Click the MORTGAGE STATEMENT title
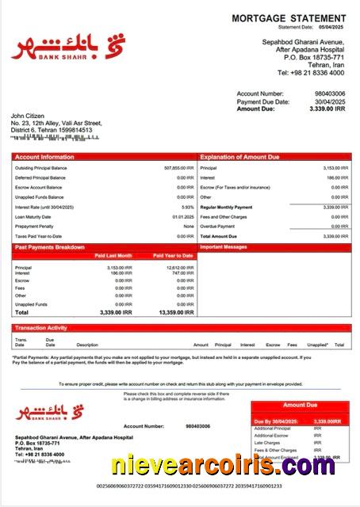pos(289,18)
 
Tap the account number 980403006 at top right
pos(330,93)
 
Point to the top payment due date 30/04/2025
pos(330,101)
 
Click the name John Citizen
pos(29,116)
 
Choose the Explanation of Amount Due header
pos(239,157)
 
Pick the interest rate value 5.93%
pos(187,207)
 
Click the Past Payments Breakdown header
pos(49,247)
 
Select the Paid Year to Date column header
pos(173,256)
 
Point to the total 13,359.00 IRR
pos(176,312)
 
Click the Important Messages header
pos(225,247)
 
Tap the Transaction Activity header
pos(40,327)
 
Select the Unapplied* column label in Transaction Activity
pos(317,345)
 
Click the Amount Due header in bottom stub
pos(300,405)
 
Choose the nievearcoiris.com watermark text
pos(224,465)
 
